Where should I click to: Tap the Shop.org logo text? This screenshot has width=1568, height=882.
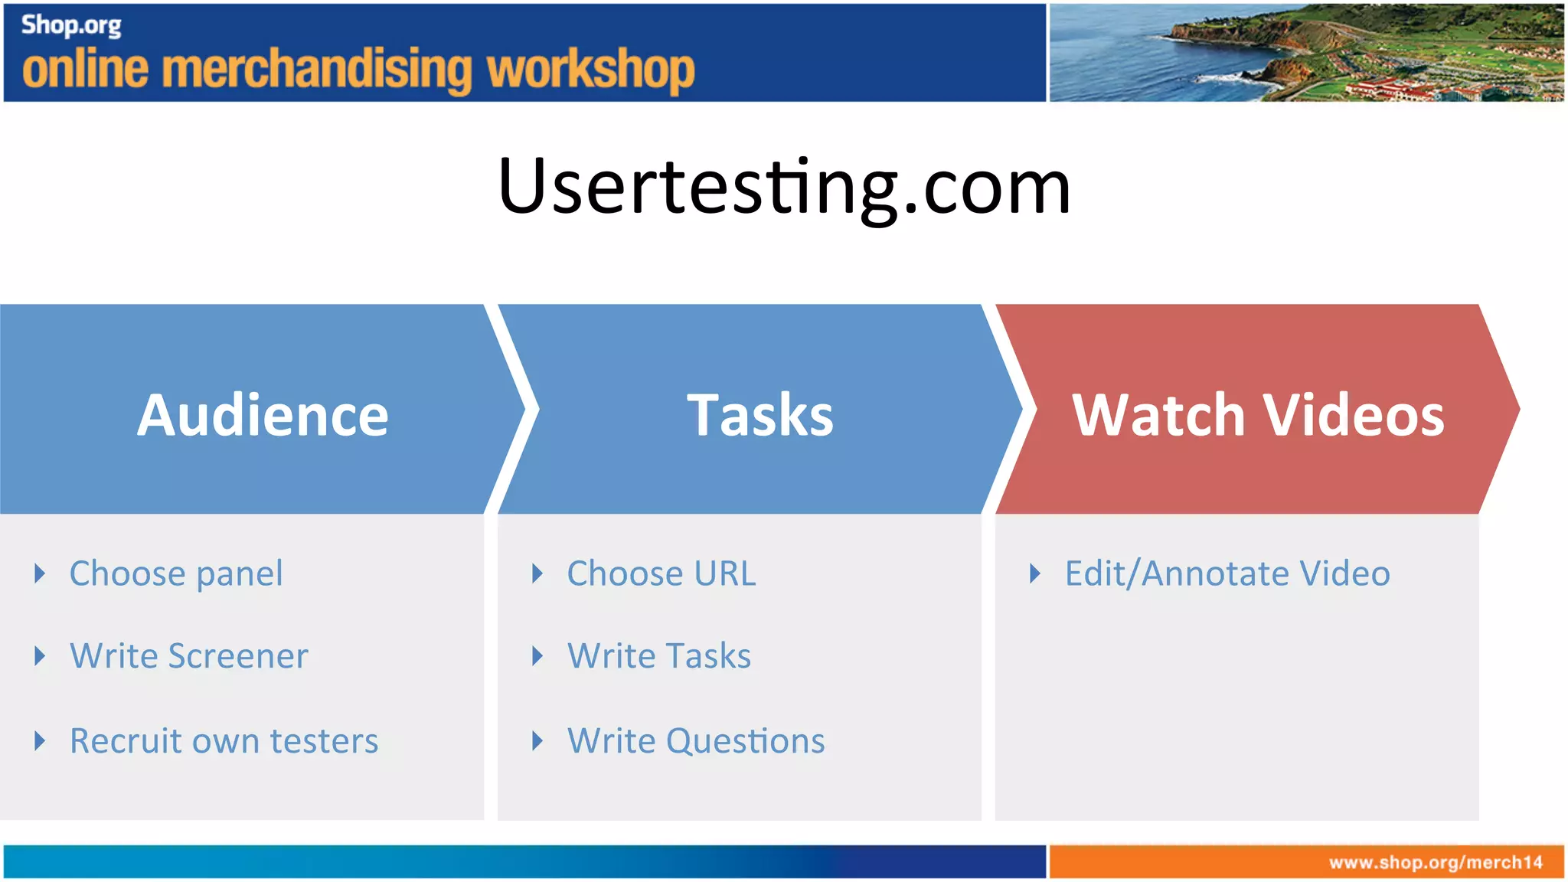(71, 25)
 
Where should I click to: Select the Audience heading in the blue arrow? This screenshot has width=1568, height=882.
(263, 415)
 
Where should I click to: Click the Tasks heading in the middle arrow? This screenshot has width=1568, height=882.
(759, 415)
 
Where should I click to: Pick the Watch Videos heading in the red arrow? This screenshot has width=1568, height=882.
(1258, 415)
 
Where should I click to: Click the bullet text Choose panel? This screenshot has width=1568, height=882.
(176, 573)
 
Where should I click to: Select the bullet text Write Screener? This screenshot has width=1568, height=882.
(189, 656)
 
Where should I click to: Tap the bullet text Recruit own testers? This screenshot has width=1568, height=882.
(224, 741)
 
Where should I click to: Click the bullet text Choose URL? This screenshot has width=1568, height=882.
(661, 573)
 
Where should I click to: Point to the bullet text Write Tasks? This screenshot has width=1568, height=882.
(659, 656)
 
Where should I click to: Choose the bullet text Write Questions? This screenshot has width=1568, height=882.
(696, 741)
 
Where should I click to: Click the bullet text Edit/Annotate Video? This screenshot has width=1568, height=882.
(1227, 573)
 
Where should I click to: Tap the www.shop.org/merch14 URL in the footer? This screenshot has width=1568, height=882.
(1436, 863)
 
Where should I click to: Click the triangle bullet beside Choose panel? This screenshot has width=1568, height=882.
(41, 573)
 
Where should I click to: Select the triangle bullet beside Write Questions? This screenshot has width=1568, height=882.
(537, 741)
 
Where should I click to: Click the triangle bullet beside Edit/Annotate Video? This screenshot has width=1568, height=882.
(1035, 573)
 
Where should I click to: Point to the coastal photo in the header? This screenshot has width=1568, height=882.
(1305, 52)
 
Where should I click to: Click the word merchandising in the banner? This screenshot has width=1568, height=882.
(318, 70)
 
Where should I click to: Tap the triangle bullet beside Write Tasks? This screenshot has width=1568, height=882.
(537, 656)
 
